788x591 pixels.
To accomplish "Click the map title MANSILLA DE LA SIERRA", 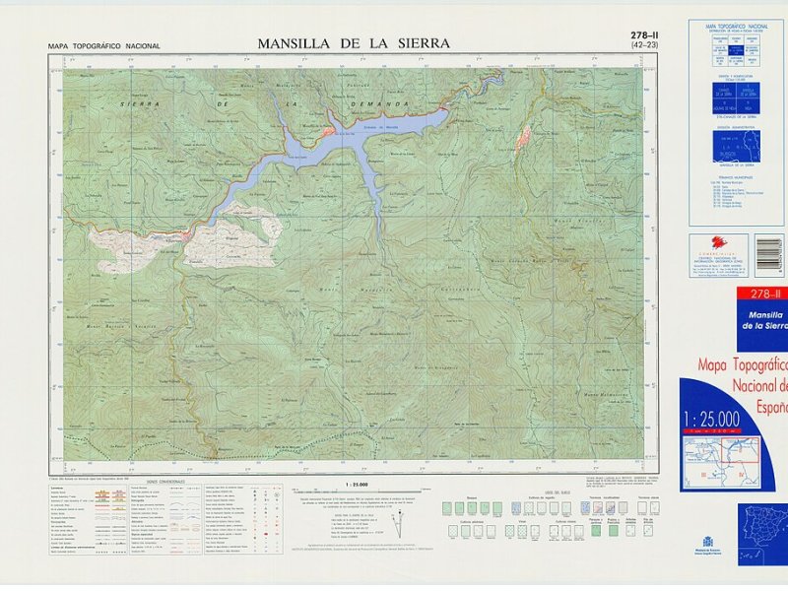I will (354, 43).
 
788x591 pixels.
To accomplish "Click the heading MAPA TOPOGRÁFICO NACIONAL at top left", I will (103, 46).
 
